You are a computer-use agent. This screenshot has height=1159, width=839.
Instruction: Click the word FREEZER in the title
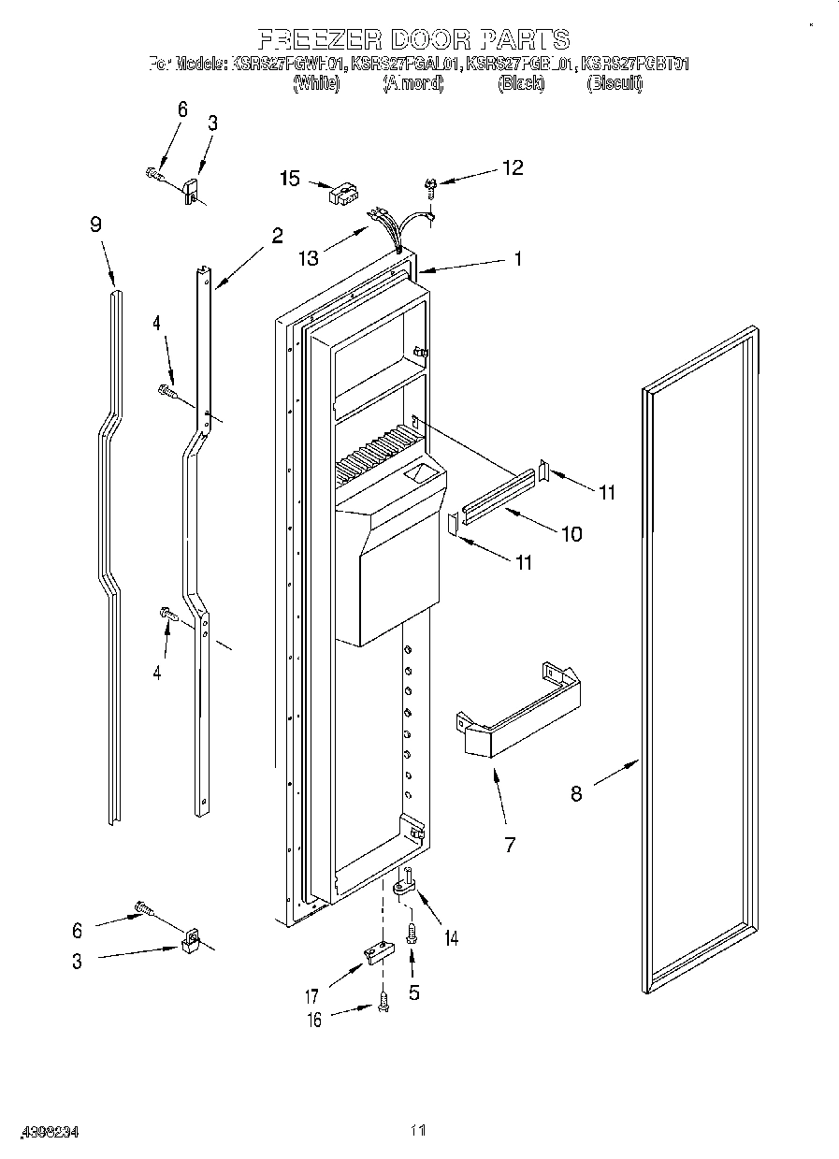[313, 39]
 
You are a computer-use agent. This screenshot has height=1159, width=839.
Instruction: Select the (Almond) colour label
[412, 84]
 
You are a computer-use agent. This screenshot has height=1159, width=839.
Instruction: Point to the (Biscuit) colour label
[615, 84]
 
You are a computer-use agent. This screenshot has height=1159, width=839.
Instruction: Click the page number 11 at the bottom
[418, 1131]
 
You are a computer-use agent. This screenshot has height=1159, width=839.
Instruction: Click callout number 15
[290, 178]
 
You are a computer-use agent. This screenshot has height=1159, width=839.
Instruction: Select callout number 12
[512, 168]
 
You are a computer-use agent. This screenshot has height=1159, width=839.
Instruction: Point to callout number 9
[95, 225]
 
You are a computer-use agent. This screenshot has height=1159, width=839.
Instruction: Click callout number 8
[576, 794]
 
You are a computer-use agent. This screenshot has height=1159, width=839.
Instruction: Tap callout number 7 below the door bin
[510, 845]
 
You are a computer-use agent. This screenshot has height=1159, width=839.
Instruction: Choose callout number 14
[452, 937]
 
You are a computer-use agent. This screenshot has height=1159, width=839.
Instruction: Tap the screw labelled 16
[383, 1003]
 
